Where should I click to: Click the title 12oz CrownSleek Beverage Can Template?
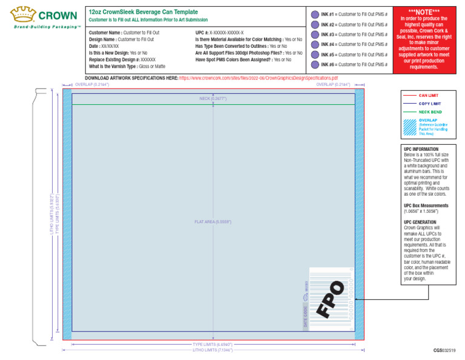click(143, 12)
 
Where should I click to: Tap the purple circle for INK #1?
click(315, 15)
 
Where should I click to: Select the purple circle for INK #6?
click(315, 64)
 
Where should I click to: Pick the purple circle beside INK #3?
click(315, 35)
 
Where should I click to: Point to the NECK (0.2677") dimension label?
click(213, 98)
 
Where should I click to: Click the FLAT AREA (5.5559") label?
click(213, 222)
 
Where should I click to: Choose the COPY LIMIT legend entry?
click(430, 104)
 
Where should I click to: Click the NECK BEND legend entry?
click(430, 112)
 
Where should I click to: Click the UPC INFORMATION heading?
click(421, 149)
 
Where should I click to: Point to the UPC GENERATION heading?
click(420, 222)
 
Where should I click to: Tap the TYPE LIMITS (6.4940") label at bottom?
click(213, 344)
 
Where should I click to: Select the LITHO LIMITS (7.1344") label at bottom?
click(213, 350)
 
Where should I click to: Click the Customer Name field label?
click(105, 33)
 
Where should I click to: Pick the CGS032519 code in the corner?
click(444, 351)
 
